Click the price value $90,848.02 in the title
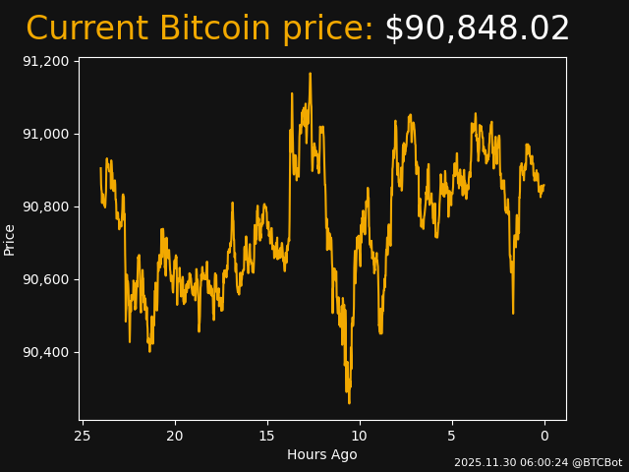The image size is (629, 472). tap(477, 29)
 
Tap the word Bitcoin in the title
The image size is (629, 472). tap(214, 29)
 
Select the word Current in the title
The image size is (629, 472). tap(86, 29)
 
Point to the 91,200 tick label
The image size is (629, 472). tap(45, 61)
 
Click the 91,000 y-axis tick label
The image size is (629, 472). tap(45, 134)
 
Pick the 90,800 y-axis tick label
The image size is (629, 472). tap(45, 206)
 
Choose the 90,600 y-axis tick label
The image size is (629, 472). tap(45, 279)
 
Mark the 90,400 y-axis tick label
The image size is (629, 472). tap(45, 352)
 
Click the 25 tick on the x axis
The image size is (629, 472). tap(83, 436)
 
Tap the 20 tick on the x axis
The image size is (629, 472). tap(175, 436)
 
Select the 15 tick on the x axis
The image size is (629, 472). tap(267, 436)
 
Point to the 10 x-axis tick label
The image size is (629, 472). tap(360, 436)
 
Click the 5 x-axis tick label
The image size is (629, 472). tap(452, 436)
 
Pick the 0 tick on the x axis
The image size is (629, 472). tap(544, 436)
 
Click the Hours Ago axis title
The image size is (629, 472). tap(322, 454)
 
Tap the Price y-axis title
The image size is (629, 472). tap(10, 239)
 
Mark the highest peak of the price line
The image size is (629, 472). tap(310, 73)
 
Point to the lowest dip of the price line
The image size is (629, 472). tap(349, 403)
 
